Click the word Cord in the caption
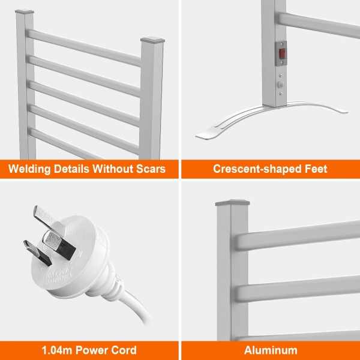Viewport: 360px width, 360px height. coord(124,350)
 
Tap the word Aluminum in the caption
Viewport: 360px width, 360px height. coord(271,350)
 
